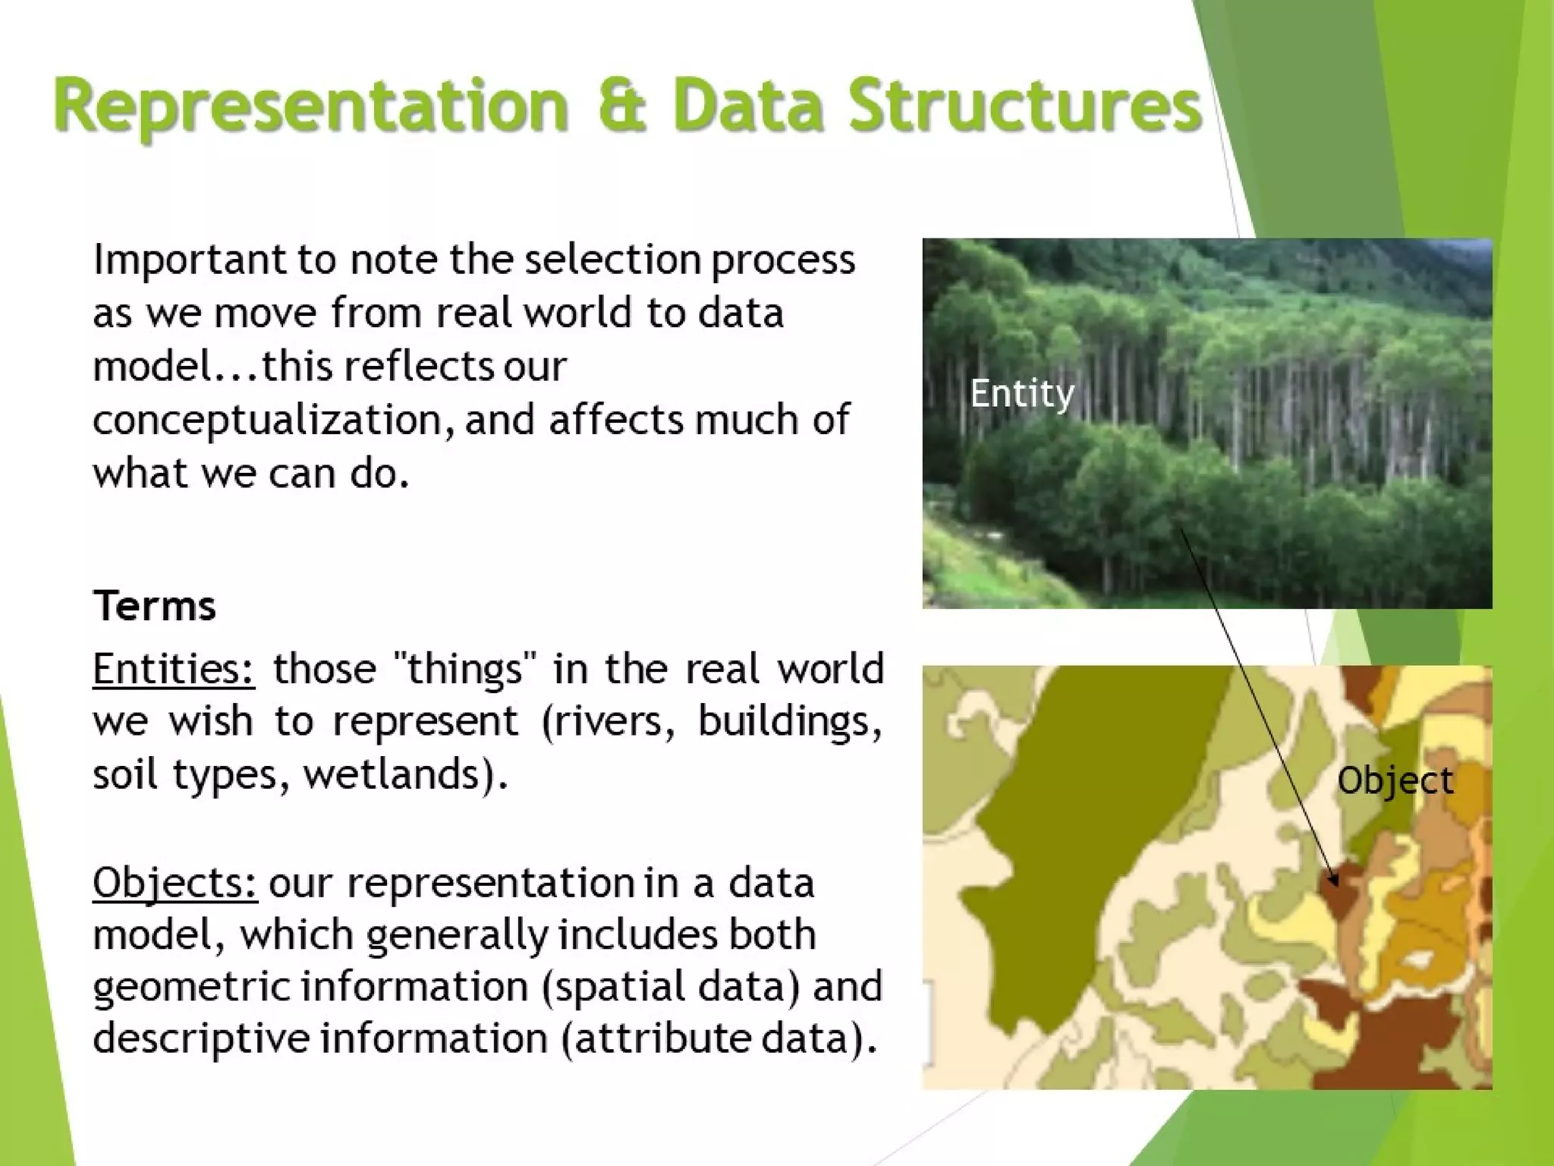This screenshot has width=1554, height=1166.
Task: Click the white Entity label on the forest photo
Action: click(x=1022, y=393)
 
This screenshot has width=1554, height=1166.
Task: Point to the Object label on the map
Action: click(x=1395, y=780)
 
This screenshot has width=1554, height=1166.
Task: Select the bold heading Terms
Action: click(x=155, y=606)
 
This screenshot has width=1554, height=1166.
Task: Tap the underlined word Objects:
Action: click(x=175, y=883)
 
